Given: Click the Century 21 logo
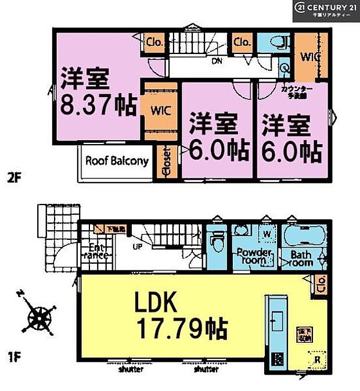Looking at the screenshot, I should coord(326,10).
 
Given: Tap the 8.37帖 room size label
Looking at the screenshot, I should coord(98,107).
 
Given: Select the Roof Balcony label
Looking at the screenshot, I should coord(117,161).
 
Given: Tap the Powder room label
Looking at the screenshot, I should coord(254,256).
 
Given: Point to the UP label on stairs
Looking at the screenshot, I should coord(138,246).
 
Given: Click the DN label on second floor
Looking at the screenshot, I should coord(215,60).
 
